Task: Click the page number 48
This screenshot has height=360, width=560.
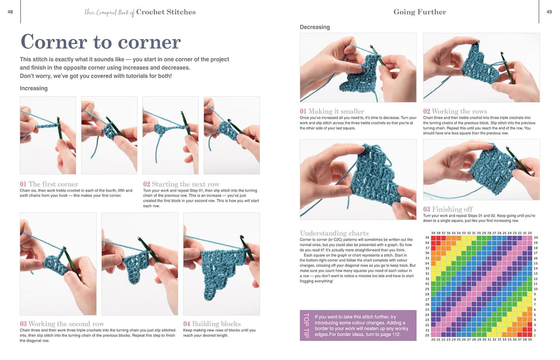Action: click(x=10, y=12)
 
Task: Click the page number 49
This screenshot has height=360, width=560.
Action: click(x=549, y=12)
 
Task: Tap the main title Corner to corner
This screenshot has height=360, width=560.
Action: click(x=100, y=42)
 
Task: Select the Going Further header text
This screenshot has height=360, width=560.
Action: click(x=420, y=12)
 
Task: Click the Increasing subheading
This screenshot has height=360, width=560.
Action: click(x=34, y=88)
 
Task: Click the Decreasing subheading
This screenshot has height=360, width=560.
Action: click(x=315, y=27)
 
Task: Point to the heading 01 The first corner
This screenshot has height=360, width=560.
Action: click(x=49, y=184)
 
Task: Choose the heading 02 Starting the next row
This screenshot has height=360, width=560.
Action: click(x=181, y=184)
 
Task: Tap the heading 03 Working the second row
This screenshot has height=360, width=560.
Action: click(x=62, y=324)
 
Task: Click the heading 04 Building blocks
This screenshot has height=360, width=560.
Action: click(x=212, y=324)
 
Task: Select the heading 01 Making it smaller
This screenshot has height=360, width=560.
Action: click(x=332, y=111)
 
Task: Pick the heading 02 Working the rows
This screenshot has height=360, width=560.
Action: click(x=455, y=111)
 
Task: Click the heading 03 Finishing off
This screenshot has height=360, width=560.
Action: click(x=448, y=209)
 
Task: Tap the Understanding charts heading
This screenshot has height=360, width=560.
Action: click(x=334, y=233)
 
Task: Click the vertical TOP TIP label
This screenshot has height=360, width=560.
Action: click(x=306, y=326)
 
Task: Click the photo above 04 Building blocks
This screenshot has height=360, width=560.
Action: click(x=221, y=264)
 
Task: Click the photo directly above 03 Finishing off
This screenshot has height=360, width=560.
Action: click(x=481, y=170)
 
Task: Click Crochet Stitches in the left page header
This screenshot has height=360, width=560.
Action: click(x=166, y=12)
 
